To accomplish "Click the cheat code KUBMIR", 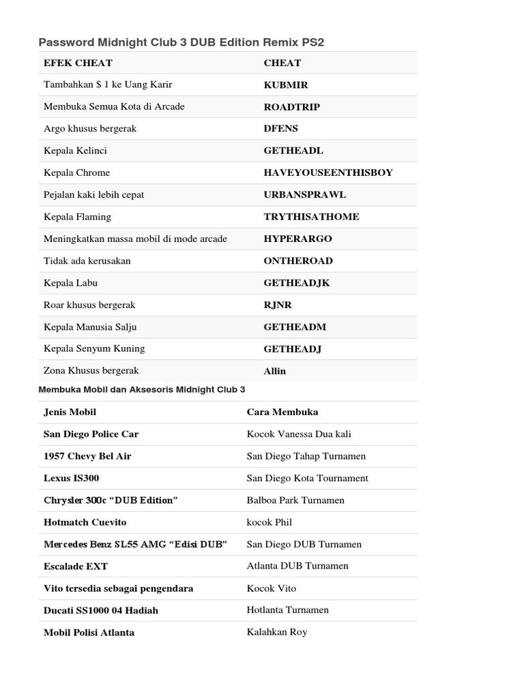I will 286,85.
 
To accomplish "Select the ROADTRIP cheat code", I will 291,107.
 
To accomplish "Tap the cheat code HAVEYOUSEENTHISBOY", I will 328,172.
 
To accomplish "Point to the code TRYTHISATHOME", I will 311,217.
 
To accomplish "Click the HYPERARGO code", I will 297,239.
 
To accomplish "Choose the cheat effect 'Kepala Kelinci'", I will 75,151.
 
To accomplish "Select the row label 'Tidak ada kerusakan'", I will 87,260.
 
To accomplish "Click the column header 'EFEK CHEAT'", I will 78,63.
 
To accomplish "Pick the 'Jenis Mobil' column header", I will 70,412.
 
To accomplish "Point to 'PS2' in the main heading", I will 312,42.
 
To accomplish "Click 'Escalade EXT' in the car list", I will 76,566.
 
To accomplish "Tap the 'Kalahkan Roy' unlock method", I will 277,632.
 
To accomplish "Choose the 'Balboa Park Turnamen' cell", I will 295,500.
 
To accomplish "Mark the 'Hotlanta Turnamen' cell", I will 287,610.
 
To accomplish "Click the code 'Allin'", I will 275,371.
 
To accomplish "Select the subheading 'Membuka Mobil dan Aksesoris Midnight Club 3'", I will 142,389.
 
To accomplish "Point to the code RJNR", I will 278,305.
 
